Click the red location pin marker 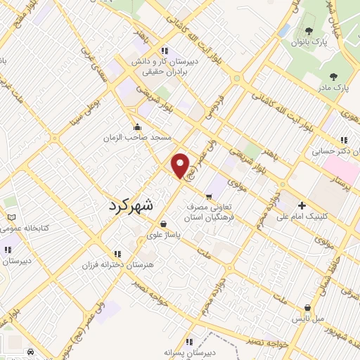181,166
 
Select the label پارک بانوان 310,43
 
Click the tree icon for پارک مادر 330,75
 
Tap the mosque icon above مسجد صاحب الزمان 136,127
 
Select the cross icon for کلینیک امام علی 302,206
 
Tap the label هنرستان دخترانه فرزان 118,264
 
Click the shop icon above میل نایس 309,307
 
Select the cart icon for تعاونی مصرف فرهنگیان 208,195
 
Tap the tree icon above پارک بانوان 309,31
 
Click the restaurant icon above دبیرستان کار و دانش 165,50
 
